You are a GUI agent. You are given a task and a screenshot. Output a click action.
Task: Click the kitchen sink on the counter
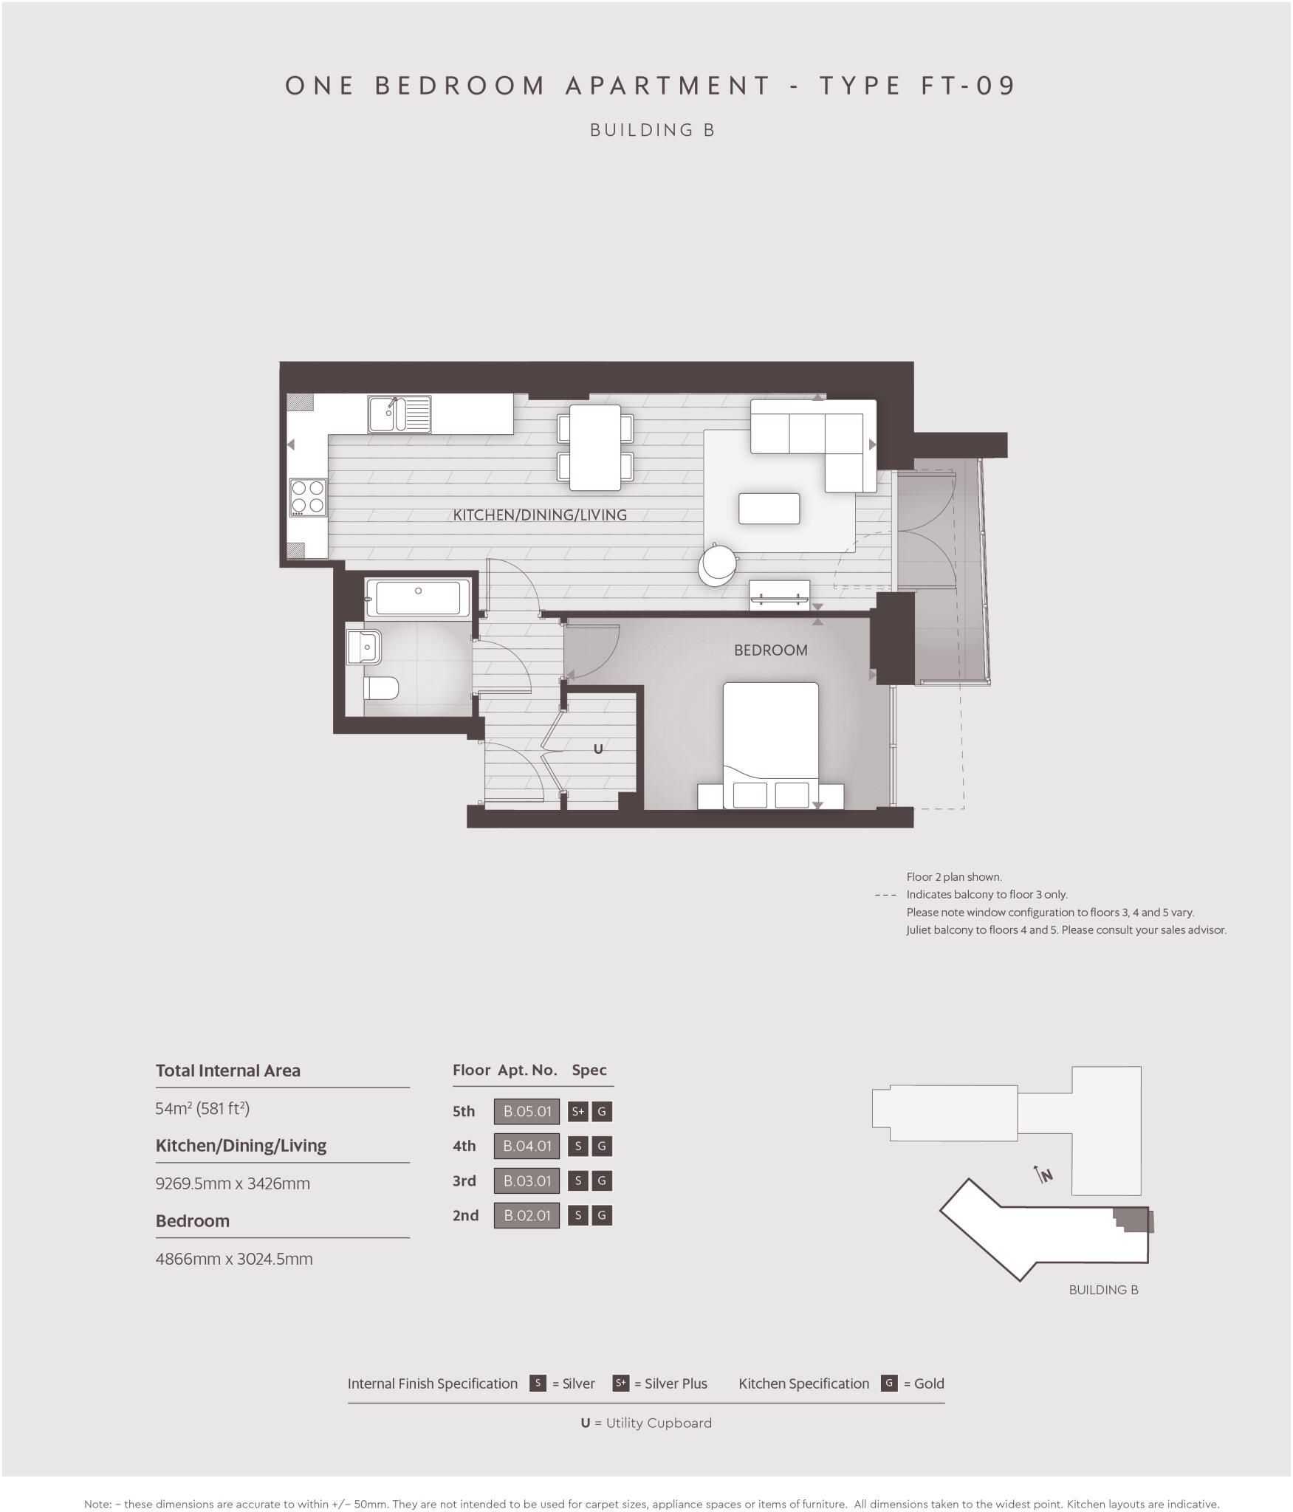pyautogui.click(x=399, y=414)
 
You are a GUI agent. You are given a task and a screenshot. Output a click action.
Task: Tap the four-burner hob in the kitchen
pyautogui.click(x=308, y=497)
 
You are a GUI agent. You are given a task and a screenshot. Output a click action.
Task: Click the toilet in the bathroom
pyautogui.click(x=381, y=689)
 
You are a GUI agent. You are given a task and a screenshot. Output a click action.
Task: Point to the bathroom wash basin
pyautogui.click(x=364, y=647)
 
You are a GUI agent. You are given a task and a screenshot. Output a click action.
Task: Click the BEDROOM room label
pyautogui.click(x=770, y=650)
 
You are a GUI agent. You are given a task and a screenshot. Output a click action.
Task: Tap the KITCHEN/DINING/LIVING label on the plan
pyautogui.click(x=540, y=515)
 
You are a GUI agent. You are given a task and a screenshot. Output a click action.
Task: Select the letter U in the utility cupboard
pyautogui.click(x=598, y=749)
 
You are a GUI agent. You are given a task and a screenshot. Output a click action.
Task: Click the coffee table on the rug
pyautogui.click(x=769, y=509)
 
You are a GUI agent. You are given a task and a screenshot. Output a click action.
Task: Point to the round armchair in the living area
pyautogui.click(x=717, y=564)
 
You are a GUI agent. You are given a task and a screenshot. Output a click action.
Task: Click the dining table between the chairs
pyautogui.click(x=594, y=447)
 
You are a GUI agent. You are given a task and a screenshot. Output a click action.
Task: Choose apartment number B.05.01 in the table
pyautogui.click(x=527, y=1111)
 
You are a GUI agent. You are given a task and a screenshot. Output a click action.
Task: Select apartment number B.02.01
pyautogui.click(x=527, y=1215)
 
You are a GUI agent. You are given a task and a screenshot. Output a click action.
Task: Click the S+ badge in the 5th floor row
pyautogui.click(x=577, y=1111)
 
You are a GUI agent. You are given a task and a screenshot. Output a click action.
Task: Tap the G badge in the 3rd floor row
pyautogui.click(x=602, y=1181)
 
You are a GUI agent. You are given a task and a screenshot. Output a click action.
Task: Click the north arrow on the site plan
pyautogui.click(x=1043, y=1174)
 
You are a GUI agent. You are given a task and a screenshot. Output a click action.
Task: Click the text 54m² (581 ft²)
pyautogui.click(x=202, y=1108)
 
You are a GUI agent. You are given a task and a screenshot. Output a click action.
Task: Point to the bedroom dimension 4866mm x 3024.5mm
pyautogui.click(x=234, y=1259)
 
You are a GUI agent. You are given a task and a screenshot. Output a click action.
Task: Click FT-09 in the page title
pyautogui.click(x=968, y=86)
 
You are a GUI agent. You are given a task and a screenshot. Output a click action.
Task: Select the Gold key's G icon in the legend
pyautogui.click(x=889, y=1384)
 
